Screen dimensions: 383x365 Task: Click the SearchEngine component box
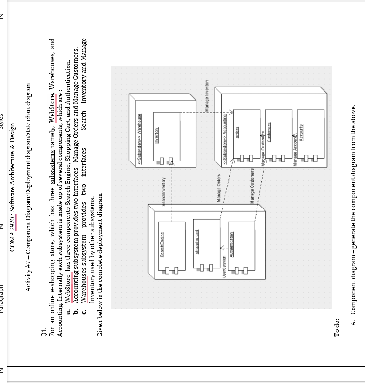coord(172,247)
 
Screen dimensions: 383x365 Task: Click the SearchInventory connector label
coord(164,191)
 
